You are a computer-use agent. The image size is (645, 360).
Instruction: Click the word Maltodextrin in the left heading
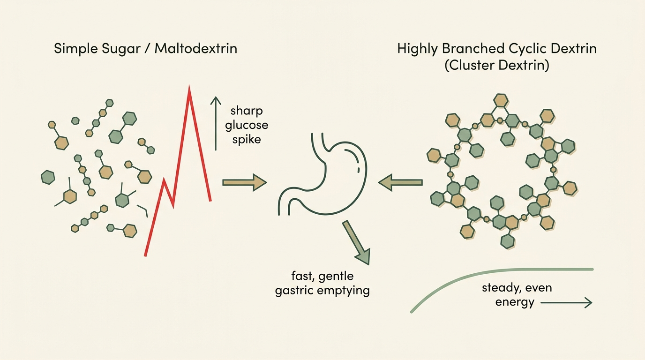click(x=196, y=48)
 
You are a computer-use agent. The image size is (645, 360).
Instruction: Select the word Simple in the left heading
click(x=76, y=49)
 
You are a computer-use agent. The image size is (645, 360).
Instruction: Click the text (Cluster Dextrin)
click(x=497, y=65)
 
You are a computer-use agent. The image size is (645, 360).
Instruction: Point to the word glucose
click(x=247, y=126)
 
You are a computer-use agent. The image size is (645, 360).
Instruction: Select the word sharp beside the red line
click(x=247, y=111)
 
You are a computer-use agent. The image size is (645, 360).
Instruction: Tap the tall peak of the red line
click(x=189, y=86)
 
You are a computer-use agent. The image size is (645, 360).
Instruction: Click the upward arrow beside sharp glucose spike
click(x=216, y=123)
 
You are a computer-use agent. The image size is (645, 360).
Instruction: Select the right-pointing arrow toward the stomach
click(x=245, y=182)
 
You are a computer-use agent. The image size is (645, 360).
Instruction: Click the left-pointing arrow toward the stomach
click(x=400, y=182)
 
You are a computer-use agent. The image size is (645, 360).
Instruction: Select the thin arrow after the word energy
click(x=566, y=303)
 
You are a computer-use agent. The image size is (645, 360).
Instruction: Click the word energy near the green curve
click(x=515, y=303)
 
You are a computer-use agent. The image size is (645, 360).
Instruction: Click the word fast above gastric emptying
click(x=301, y=276)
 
